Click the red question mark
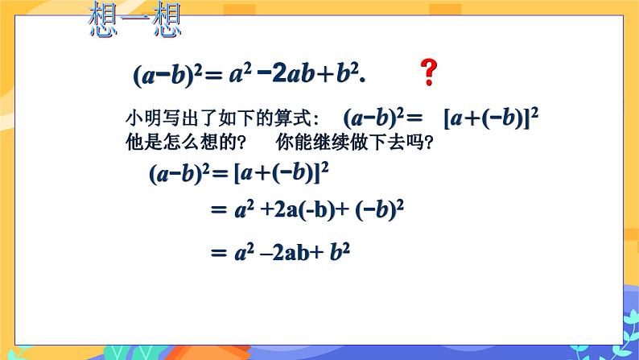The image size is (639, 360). (x=429, y=73)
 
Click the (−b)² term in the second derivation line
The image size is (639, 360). (x=378, y=210)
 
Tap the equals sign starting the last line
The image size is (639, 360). (x=215, y=252)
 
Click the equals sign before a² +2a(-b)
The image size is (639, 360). (x=215, y=210)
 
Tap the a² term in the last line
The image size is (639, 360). (x=240, y=252)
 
